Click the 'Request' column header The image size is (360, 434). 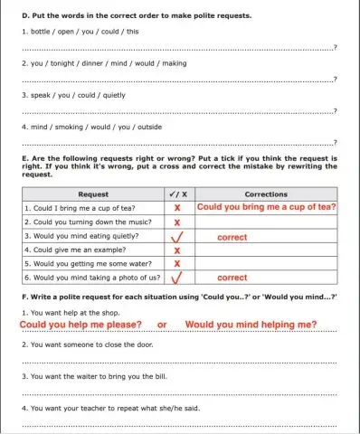(x=94, y=193)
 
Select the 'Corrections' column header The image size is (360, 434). (x=266, y=193)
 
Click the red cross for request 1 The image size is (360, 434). (x=177, y=207)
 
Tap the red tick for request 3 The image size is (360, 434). (x=178, y=236)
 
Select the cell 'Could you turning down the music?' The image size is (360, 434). (x=82, y=222)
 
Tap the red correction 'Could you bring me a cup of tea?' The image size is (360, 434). (x=266, y=207)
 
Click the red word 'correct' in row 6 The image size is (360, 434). (x=232, y=278)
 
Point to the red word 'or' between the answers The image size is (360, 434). (x=163, y=325)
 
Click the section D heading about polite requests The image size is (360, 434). (x=136, y=16)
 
